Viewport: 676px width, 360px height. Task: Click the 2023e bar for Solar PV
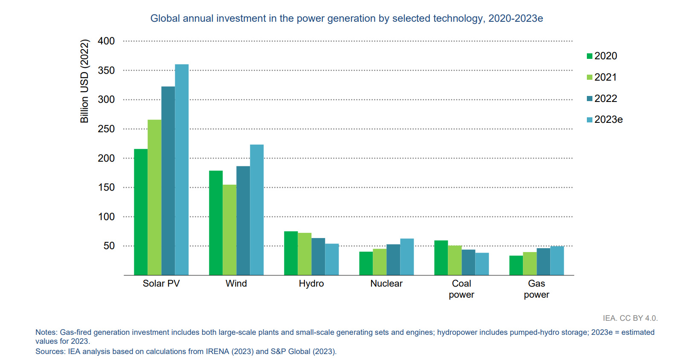click(182, 170)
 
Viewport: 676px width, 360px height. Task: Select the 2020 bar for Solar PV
click(141, 212)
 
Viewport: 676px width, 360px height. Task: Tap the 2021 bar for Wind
click(229, 230)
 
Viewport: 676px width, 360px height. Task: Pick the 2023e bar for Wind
click(257, 210)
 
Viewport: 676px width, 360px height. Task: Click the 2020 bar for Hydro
click(291, 253)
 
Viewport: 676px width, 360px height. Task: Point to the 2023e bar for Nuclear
click(407, 257)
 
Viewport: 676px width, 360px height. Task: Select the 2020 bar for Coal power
click(441, 258)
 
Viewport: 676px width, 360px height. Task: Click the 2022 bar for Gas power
click(543, 261)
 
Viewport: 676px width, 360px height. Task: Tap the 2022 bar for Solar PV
click(168, 181)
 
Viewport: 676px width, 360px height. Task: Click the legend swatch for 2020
click(589, 56)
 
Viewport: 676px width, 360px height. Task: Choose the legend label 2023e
click(608, 120)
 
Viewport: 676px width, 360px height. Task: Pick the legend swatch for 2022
click(589, 99)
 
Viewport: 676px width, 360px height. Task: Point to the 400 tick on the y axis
click(106, 41)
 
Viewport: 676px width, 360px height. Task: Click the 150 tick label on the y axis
click(106, 187)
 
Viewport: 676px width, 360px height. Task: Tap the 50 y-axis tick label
click(109, 246)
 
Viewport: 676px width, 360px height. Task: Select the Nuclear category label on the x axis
click(386, 284)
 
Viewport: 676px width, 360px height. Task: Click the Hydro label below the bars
click(311, 284)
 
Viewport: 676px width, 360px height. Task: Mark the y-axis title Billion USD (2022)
click(84, 81)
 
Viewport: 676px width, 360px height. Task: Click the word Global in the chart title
click(165, 18)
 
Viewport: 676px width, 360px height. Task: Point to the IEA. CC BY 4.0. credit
click(630, 318)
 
